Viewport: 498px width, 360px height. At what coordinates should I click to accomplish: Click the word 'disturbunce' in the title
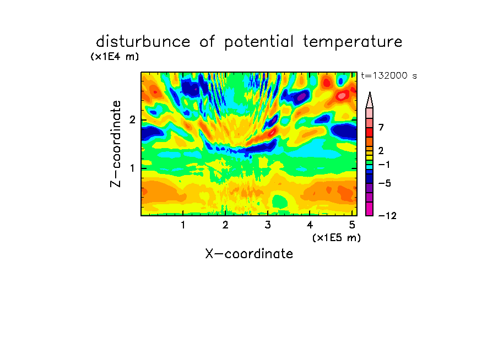click(x=143, y=41)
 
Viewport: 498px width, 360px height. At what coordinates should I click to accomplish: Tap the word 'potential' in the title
click(x=258, y=42)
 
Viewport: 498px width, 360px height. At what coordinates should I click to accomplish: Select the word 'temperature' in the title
click(x=353, y=42)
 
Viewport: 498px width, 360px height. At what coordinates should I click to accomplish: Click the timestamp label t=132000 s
click(x=389, y=75)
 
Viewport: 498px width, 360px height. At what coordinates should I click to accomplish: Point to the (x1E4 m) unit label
click(x=115, y=57)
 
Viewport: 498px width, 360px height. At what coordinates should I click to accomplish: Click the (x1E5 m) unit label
click(x=337, y=237)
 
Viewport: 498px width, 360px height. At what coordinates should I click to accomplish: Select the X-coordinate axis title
click(x=249, y=254)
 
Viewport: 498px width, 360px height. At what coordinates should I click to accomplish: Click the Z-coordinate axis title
click(x=116, y=144)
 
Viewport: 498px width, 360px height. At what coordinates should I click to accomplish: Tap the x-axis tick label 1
click(x=183, y=225)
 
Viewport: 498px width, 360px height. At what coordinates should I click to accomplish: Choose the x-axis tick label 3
click(x=268, y=225)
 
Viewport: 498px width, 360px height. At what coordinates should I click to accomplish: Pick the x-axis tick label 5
click(x=352, y=225)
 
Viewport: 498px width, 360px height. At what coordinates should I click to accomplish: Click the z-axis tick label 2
click(x=132, y=120)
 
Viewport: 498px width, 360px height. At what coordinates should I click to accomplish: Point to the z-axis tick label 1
click(x=132, y=168)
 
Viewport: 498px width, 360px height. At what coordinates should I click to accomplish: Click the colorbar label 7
click(x=381, y=128)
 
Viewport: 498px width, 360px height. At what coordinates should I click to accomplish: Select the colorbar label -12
click(x=387, y=216)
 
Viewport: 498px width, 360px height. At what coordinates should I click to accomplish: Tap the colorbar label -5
click(x=385, y=183)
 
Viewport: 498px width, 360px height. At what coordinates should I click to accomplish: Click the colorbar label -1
click(x=384, y=165)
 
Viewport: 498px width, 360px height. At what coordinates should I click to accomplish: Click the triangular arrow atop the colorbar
click(x=370, y=100)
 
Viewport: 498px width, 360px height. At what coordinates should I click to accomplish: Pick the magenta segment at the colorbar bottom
click(x=370, y=209)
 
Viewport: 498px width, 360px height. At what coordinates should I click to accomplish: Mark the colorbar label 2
click(x=381, y=151)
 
